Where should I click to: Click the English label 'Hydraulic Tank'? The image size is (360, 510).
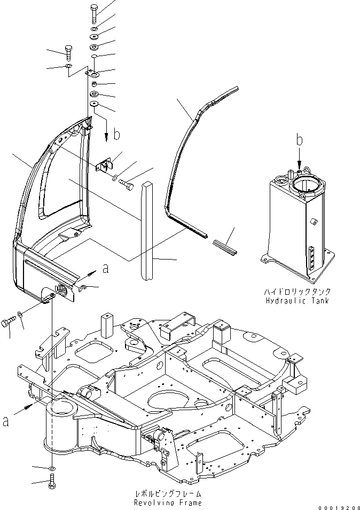[x=296, y=301]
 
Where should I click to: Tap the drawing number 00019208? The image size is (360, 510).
[x=339, y=507]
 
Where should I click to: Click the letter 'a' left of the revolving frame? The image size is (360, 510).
[x=6, y=421]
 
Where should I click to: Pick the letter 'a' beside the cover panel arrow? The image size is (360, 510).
[x=106, y=269]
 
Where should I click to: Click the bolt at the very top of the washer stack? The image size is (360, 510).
[x=94, y=11]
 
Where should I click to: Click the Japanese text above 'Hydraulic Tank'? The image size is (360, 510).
[x=296, y=292]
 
